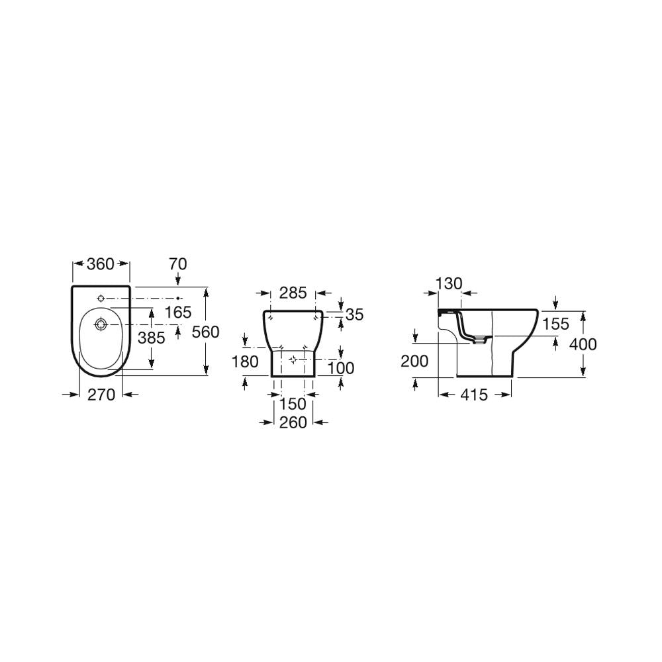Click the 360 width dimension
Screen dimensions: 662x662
pyautogui.click(x=101, y=264)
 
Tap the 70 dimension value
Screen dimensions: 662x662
pyautogui.click(x=177, y=264)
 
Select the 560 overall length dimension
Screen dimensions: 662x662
pyautogui.click(x=206, y=332)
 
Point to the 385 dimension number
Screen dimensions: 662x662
pyautogui.click(x=152, y=338)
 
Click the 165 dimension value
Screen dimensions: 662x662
pyautogui.click(x=178, y=312)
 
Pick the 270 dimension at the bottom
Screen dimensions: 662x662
pyautogui.click(x=101, y=395)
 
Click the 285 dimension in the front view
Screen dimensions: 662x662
pyautogui.click(x=293, y=293)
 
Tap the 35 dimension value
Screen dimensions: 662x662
pyautogui.click(x=354, y=314)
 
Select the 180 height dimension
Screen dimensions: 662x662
pyautogui.click(x=246, y=362)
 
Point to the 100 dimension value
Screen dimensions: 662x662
pyautogui.click(x=341, y=368)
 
